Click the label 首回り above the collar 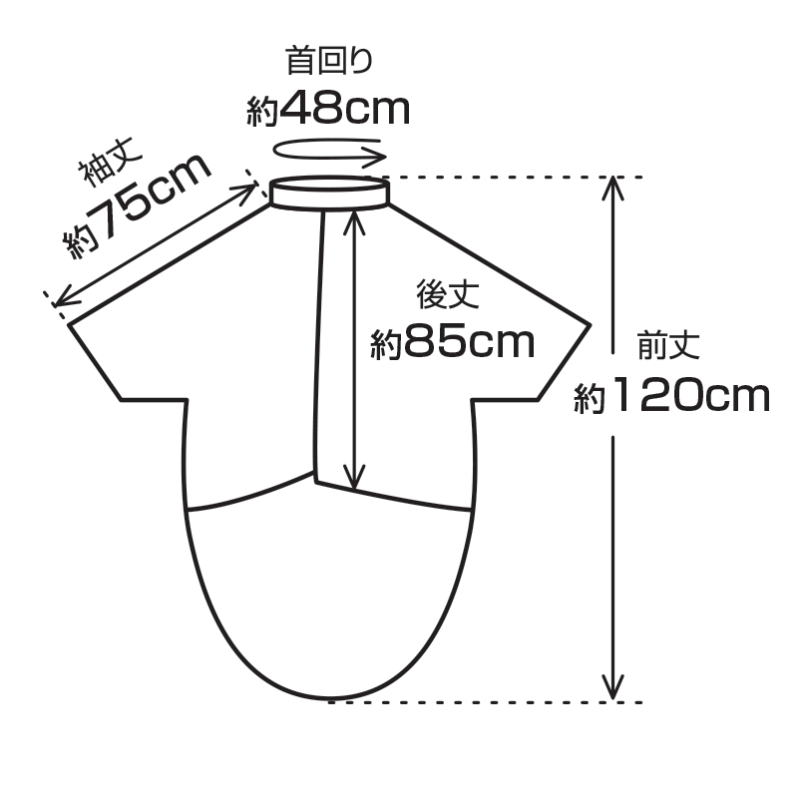pyautogui.click(x=330, y=60)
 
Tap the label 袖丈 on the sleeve pyautogui.click(x=111, y=161)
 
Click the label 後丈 pyautogui.click(x=448, y=294)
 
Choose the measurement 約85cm pyautogui.click(x=453, y=342)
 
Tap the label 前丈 pyautogui.click(x=668, y=345)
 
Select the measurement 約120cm pyautogui.click(x=671, y=395)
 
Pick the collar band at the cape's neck pyautogui.click(x=330, y=193)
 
